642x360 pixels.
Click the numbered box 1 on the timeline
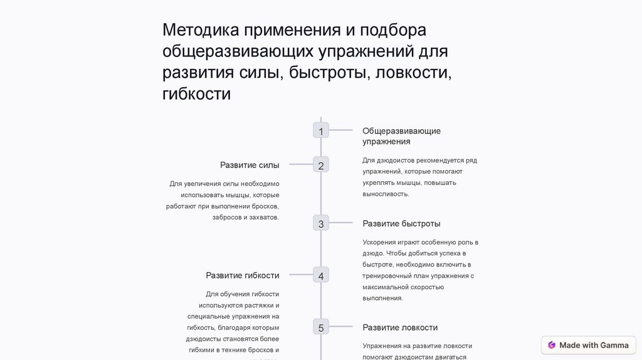321,130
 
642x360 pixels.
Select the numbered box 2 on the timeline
321,166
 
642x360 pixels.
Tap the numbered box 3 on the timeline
321,223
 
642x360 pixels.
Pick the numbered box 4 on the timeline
321,275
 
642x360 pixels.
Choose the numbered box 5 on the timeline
321,327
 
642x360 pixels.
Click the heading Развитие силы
250,165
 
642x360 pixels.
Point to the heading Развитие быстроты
401,223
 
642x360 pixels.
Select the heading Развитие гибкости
242,275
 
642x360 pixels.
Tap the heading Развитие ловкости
400,327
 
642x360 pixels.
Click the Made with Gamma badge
588,345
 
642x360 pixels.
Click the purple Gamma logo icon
552,345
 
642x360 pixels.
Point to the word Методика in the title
201,30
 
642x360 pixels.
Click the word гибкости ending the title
197,94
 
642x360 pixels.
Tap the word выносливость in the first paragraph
386,194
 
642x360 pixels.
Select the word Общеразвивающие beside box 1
401,130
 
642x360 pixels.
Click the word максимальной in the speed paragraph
386,287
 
